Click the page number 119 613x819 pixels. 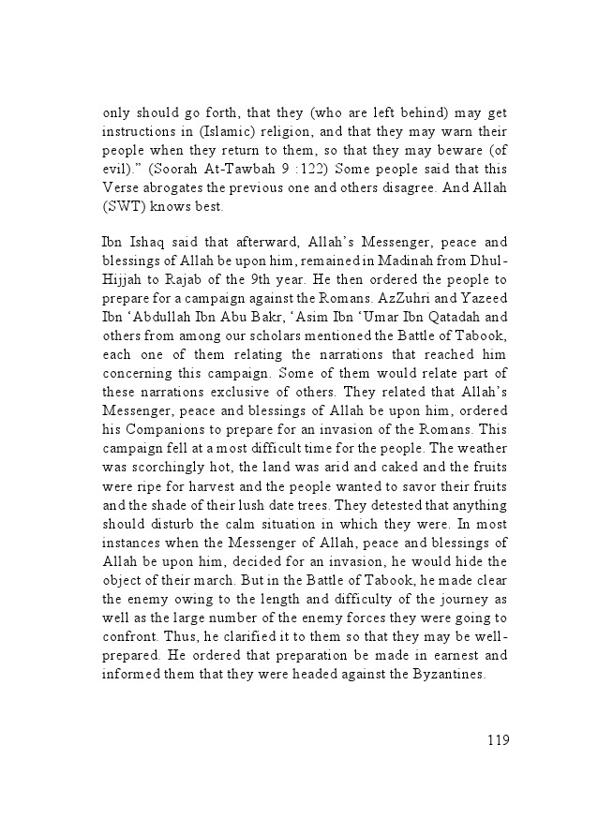coord(498,740)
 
